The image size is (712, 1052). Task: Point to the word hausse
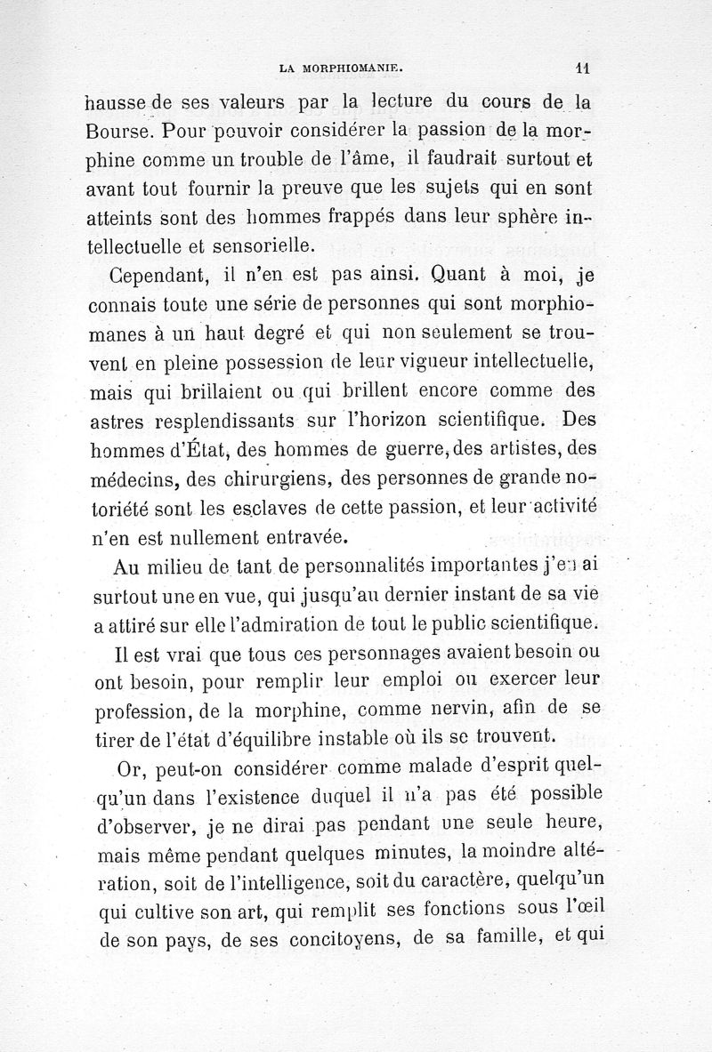tap(125, 101)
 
